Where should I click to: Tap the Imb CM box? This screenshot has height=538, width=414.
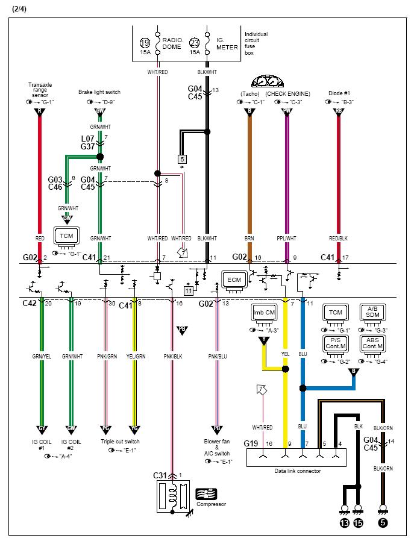point(263,313)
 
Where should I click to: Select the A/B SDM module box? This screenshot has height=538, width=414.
point(372,313)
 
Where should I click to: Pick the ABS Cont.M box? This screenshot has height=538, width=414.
point(372,343)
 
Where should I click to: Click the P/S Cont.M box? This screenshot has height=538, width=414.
point(336,343)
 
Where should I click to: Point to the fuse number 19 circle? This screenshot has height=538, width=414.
point(145,43)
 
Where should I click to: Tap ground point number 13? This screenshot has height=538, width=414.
point(344,524)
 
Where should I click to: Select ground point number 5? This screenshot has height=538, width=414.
point(382,524)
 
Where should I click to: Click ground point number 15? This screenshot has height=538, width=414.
point(359,524)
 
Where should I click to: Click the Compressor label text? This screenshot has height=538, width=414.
point(211,504)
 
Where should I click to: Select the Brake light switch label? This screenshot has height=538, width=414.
point(99,92)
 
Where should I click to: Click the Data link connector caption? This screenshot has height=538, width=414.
point(297,471)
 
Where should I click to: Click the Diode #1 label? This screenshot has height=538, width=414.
point(339,93)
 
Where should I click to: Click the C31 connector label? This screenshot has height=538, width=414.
point(160,475)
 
